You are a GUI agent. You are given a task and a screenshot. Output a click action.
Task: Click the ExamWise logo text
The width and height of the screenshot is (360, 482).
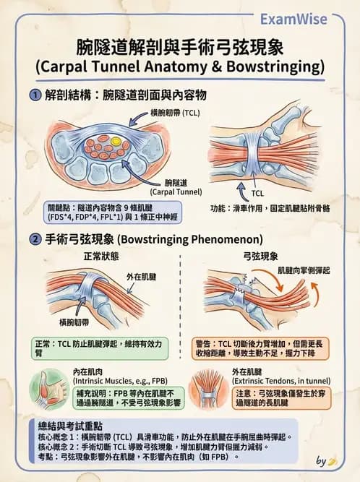(293, 19)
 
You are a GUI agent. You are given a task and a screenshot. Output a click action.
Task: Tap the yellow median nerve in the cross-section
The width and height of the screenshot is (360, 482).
(116, 142)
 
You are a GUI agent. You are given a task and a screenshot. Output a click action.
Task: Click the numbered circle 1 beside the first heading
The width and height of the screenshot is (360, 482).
(35, 95)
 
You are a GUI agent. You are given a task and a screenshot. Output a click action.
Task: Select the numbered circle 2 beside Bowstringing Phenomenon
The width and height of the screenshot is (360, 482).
(35, 239)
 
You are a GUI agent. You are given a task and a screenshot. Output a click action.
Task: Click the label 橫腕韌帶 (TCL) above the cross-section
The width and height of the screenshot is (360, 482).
(175, 113)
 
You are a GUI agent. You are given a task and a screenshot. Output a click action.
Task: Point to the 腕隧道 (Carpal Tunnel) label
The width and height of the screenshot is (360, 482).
(176, 187)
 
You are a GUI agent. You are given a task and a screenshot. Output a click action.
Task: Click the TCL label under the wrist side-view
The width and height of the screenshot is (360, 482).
(257, 194)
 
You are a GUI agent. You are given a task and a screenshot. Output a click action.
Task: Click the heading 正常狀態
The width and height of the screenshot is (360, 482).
(101, 256)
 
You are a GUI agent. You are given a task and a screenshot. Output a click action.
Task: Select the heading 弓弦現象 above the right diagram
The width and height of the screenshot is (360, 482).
(260, 256)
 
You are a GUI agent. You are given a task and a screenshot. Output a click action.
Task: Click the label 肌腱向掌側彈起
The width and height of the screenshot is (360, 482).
(304, 270)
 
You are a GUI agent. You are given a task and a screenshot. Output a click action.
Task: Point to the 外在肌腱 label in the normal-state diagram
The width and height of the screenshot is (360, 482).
(142, 277)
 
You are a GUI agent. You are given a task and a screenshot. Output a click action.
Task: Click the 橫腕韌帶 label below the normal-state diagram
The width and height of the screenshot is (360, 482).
(74, 322)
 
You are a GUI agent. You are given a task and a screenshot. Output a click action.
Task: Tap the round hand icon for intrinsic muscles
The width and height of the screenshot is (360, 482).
(49, 390)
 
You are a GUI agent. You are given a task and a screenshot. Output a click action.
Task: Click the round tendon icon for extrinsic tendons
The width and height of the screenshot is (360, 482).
(208, 390)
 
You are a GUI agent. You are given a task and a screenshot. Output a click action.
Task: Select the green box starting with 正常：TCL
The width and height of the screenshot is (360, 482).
(100, 348)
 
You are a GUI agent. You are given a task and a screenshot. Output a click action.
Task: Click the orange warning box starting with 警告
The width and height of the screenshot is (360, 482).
(260, 348)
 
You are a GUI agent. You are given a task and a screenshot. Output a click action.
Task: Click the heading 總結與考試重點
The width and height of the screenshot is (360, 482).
(70, 426)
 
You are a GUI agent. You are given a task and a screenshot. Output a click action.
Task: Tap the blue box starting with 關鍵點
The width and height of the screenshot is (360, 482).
(113, 212)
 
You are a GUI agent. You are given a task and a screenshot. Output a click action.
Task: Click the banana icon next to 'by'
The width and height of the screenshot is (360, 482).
(333, 461)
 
